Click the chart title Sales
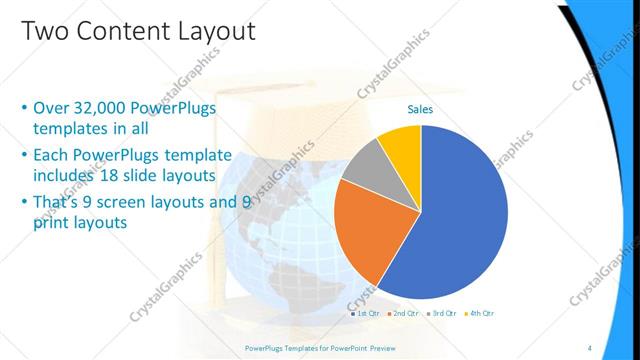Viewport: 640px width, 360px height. [420, 110]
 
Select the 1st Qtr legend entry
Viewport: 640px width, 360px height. [367, 313]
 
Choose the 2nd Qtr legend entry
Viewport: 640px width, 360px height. [403, 313]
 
